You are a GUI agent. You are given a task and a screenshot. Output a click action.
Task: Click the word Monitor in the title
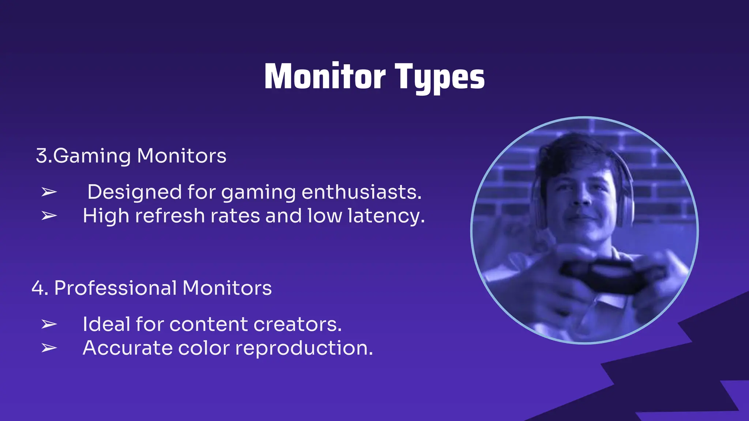coord(325,77)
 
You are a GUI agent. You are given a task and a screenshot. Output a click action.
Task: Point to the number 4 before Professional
coord(38,288)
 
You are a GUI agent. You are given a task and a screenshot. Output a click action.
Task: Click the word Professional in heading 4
coord(116,288)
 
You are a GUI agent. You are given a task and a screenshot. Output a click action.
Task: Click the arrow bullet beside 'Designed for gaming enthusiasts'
coord(49,192)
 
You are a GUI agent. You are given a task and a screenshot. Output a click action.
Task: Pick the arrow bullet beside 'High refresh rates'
coord(49,216)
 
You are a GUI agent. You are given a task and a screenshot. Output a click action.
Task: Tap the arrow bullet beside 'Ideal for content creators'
coord(49,324)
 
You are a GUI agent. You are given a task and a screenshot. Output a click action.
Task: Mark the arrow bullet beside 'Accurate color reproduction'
coord(49,348)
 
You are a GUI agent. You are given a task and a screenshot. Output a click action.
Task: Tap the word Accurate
coord(127,348)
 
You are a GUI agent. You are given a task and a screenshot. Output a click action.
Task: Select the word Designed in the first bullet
coord(135,192)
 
